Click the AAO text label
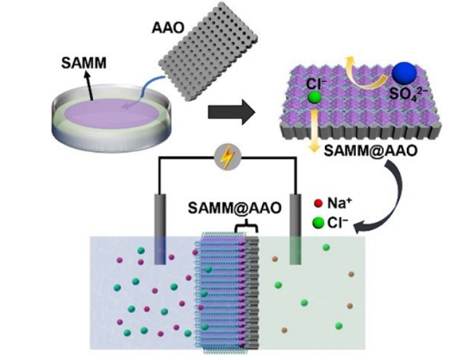[168, 28]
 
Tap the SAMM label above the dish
[84, 63]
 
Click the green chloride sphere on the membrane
[315, 98]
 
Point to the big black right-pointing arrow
[232, 113]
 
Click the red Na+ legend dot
[318, 203]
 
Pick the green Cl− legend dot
[318, 222]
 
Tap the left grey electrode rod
[160, 229]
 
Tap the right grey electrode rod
[296, 229]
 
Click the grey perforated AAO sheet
[208, 53]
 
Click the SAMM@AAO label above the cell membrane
[234, 208]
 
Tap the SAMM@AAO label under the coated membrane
[370, 151]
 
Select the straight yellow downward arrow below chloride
[314, 131]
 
